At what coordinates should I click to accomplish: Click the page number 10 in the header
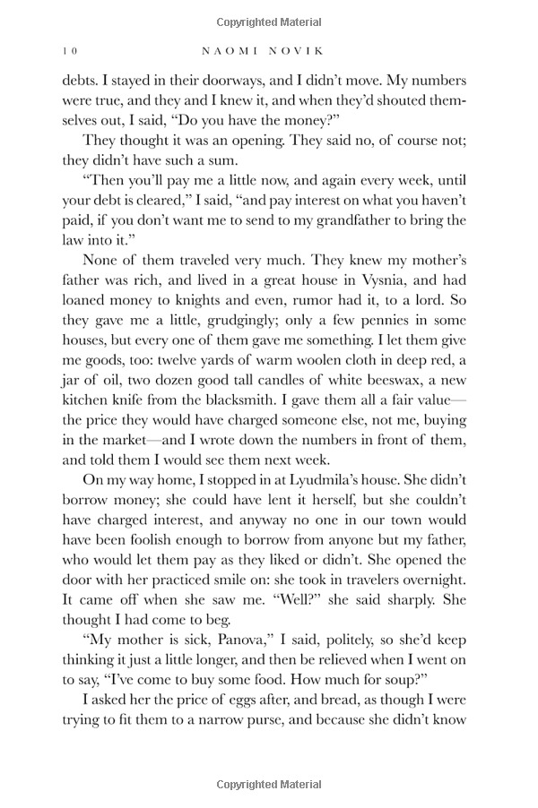70,48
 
